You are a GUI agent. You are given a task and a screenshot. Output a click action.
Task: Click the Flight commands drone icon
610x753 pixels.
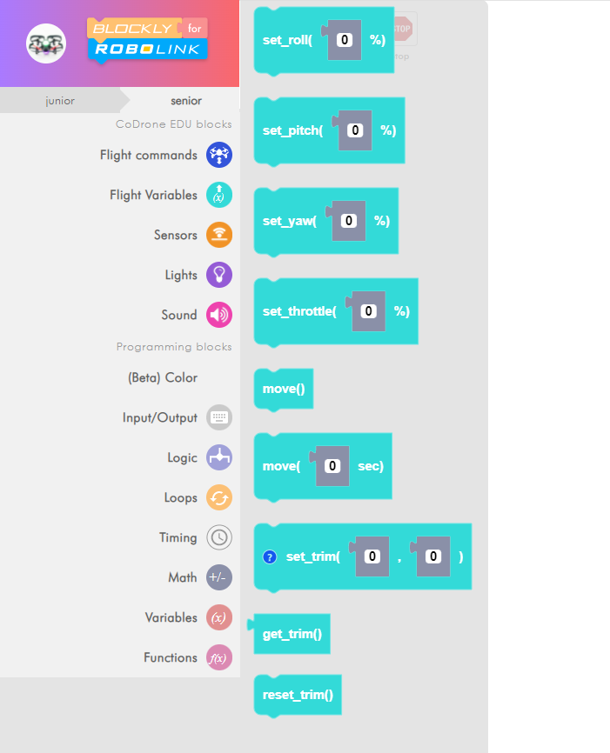219,155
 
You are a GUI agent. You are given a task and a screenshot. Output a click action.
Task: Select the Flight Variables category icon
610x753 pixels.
219,195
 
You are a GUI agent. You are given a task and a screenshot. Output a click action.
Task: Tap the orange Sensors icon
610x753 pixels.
219,235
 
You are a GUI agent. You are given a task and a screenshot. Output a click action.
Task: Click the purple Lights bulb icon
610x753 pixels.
219,275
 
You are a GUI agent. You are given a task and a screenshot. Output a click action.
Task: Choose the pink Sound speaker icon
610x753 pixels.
219,315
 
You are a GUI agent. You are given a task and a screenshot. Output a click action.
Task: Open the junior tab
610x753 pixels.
60,101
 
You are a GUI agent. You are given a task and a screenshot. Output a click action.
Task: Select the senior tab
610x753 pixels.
186,101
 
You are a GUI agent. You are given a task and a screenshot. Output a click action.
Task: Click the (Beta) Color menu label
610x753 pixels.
162,377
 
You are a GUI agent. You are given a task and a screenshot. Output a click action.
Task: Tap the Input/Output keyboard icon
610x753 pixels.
219,417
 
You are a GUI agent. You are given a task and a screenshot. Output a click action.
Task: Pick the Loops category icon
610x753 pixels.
219,497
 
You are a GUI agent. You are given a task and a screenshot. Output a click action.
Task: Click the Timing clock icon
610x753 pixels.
219,537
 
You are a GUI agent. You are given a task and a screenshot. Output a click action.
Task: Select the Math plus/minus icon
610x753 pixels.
219,577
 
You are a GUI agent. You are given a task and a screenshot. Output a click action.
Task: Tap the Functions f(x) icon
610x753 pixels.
219,657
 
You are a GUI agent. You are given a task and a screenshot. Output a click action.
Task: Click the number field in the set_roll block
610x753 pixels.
345,40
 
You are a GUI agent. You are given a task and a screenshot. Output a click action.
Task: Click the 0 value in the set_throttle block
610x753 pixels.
369,311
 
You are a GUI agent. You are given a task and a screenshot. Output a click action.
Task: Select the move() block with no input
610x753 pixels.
284,389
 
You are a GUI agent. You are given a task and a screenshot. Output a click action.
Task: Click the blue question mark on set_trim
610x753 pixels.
270,556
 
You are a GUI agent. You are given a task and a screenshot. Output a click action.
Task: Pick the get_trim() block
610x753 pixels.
292,635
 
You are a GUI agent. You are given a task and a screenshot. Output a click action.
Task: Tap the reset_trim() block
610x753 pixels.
298,695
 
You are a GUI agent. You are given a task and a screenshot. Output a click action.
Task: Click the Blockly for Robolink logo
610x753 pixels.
148,39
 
